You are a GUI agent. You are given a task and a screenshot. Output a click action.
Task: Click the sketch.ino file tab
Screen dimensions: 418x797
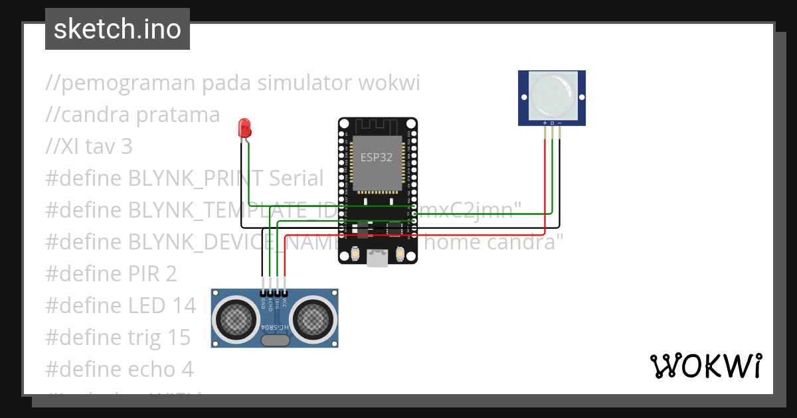117,29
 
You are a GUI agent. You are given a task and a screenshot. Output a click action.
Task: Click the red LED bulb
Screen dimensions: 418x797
244,127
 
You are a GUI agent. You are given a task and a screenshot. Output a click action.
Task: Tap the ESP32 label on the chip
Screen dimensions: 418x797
377,158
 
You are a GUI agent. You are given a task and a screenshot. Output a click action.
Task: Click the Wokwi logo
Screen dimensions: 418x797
705,366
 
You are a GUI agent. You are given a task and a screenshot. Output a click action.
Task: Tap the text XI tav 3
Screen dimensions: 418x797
89,146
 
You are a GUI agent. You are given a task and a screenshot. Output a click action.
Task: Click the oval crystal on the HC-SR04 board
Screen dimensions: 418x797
275,341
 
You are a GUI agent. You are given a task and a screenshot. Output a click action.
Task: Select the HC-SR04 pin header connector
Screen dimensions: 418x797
274,293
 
